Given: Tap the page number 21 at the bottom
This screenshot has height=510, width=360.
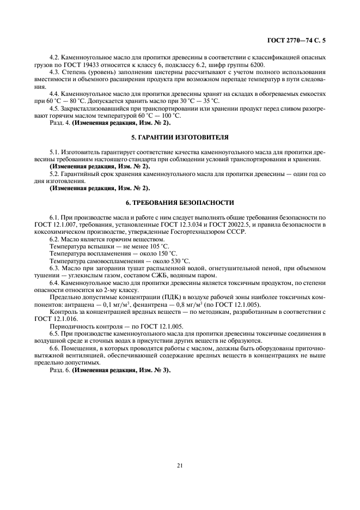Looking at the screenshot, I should point(179,465).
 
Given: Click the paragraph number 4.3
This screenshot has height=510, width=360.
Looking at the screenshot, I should point(55,71).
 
